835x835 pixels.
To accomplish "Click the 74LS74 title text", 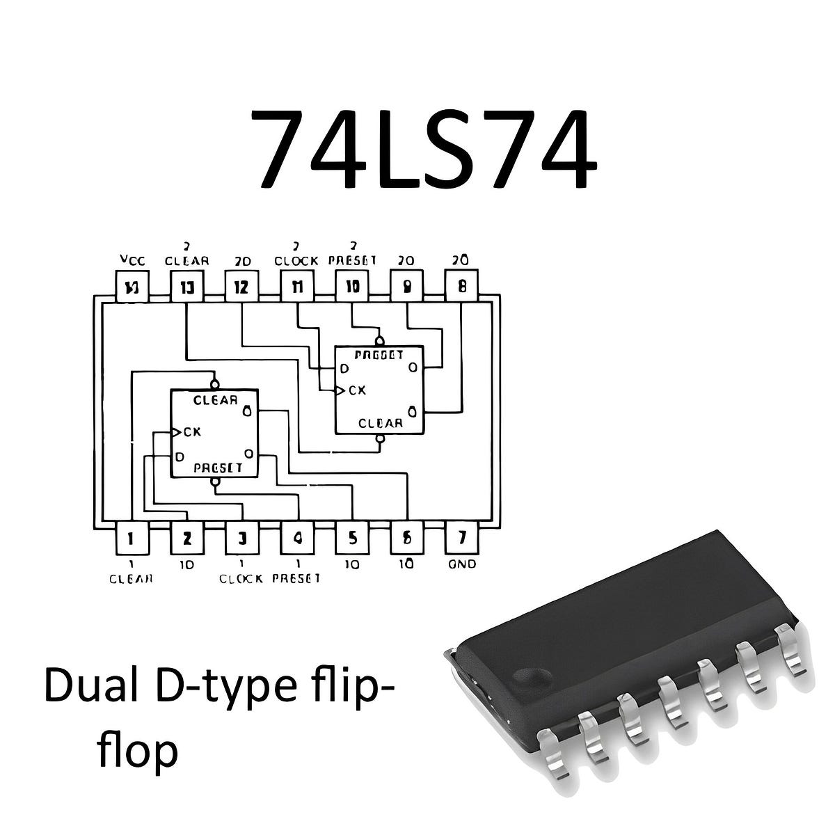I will pos(422,149).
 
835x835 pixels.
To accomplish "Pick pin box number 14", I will pos(131,286).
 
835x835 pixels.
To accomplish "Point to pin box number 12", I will pos(241,286).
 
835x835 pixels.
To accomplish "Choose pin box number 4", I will pos(297,537).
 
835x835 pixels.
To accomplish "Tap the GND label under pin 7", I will pos(463,564).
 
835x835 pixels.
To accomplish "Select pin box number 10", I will pos(352,286).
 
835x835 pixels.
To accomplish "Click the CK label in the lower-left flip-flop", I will pos(192,432).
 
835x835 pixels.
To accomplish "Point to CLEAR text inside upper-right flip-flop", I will pos(380,423).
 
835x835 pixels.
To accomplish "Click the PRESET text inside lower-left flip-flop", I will pos(218,468).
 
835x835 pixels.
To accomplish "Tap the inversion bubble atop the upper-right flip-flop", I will pos(379,341).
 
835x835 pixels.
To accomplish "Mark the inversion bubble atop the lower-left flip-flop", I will pos(215,384).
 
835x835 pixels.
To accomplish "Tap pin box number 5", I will pos(352,537).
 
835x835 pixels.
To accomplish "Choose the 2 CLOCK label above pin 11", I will pos(296,255).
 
